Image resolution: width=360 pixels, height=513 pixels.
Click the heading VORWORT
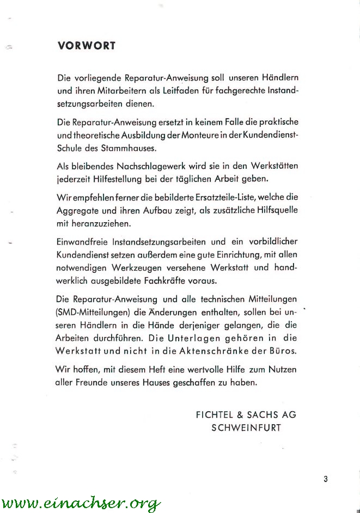(86, 46)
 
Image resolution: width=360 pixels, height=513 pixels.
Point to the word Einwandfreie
(83, 241)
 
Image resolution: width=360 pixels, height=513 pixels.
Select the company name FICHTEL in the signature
(214, 414)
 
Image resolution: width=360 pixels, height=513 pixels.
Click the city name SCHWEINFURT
(246, 427)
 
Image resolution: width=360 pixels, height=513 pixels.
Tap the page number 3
(325, 479)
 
